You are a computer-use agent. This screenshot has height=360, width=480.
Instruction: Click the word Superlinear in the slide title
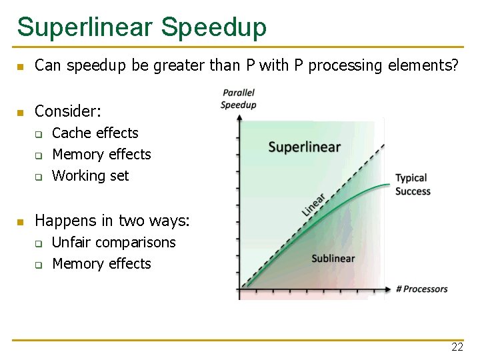[x=85, y=27]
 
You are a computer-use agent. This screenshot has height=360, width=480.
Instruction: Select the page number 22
[x=457, y=347]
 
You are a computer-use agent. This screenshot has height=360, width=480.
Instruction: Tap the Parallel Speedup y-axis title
[x=238, y=99]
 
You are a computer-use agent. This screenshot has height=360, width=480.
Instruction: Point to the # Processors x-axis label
[x=421, y=289]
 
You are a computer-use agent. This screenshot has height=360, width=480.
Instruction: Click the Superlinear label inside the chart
[x=304, y=147]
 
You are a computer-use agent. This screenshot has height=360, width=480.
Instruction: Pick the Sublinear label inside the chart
[x=333, y=259]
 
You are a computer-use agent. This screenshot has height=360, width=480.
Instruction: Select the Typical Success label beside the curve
[x=413, y=185]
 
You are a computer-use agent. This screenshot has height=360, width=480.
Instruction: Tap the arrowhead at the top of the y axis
[x=239, y=117]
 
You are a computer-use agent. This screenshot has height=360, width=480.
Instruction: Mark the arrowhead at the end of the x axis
[x=389, y=289]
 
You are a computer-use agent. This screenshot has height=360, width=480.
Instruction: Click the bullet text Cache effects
[x=95, y=133]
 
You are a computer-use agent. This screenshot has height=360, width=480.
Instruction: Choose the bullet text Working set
[x=91, y=176]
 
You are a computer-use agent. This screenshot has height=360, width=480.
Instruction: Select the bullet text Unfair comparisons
[x=114, y=243]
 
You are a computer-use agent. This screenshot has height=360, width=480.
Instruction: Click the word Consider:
[x=67, y=111]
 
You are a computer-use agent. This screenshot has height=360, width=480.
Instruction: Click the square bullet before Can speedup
[x=21, y=67]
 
